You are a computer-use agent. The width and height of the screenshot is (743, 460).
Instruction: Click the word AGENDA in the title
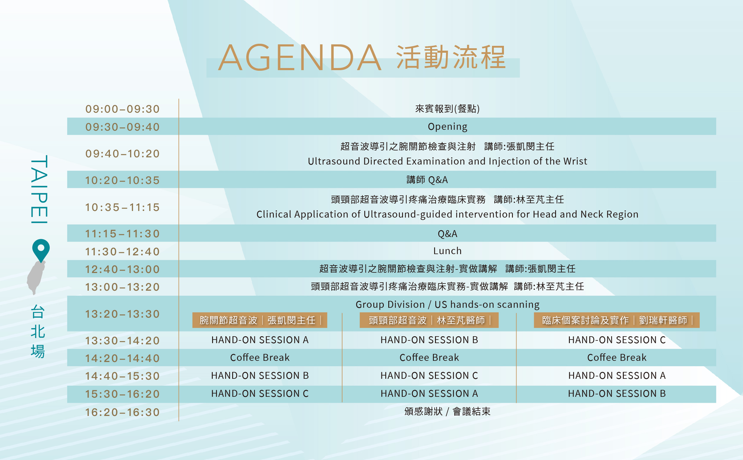pos(300,58)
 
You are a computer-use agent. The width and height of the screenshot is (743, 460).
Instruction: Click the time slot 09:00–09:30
pos(122,109)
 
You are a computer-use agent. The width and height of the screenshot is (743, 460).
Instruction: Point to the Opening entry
pos(447,126)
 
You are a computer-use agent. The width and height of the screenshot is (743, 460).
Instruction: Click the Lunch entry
pos(447,251)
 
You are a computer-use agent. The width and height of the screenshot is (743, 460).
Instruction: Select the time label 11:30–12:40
pos(122,252)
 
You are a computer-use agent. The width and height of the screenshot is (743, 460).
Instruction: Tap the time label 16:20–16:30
pos(122,412)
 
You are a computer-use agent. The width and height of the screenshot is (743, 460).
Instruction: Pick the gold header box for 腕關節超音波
pos(260,320)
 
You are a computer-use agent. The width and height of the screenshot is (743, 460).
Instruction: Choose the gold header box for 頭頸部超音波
pos(429,320)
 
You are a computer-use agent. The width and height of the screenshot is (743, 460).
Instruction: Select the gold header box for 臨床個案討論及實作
pos(617,320)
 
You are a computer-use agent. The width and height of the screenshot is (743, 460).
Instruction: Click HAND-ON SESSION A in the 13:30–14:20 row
pos(260,340)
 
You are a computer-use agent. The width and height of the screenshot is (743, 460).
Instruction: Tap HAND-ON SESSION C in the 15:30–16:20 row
pos(260,394)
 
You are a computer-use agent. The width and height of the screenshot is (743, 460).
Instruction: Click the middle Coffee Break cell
pos(429,358)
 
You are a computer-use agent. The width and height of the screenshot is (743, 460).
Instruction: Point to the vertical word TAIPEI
pos(39,189)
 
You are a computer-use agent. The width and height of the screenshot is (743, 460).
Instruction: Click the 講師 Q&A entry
pos(427,180)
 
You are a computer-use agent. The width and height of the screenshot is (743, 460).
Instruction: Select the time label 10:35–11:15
pos(122,207)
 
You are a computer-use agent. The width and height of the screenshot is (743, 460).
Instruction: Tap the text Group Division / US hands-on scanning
pos(447,304)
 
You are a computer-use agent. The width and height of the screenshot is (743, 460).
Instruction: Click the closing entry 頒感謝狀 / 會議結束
pos(447,411)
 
